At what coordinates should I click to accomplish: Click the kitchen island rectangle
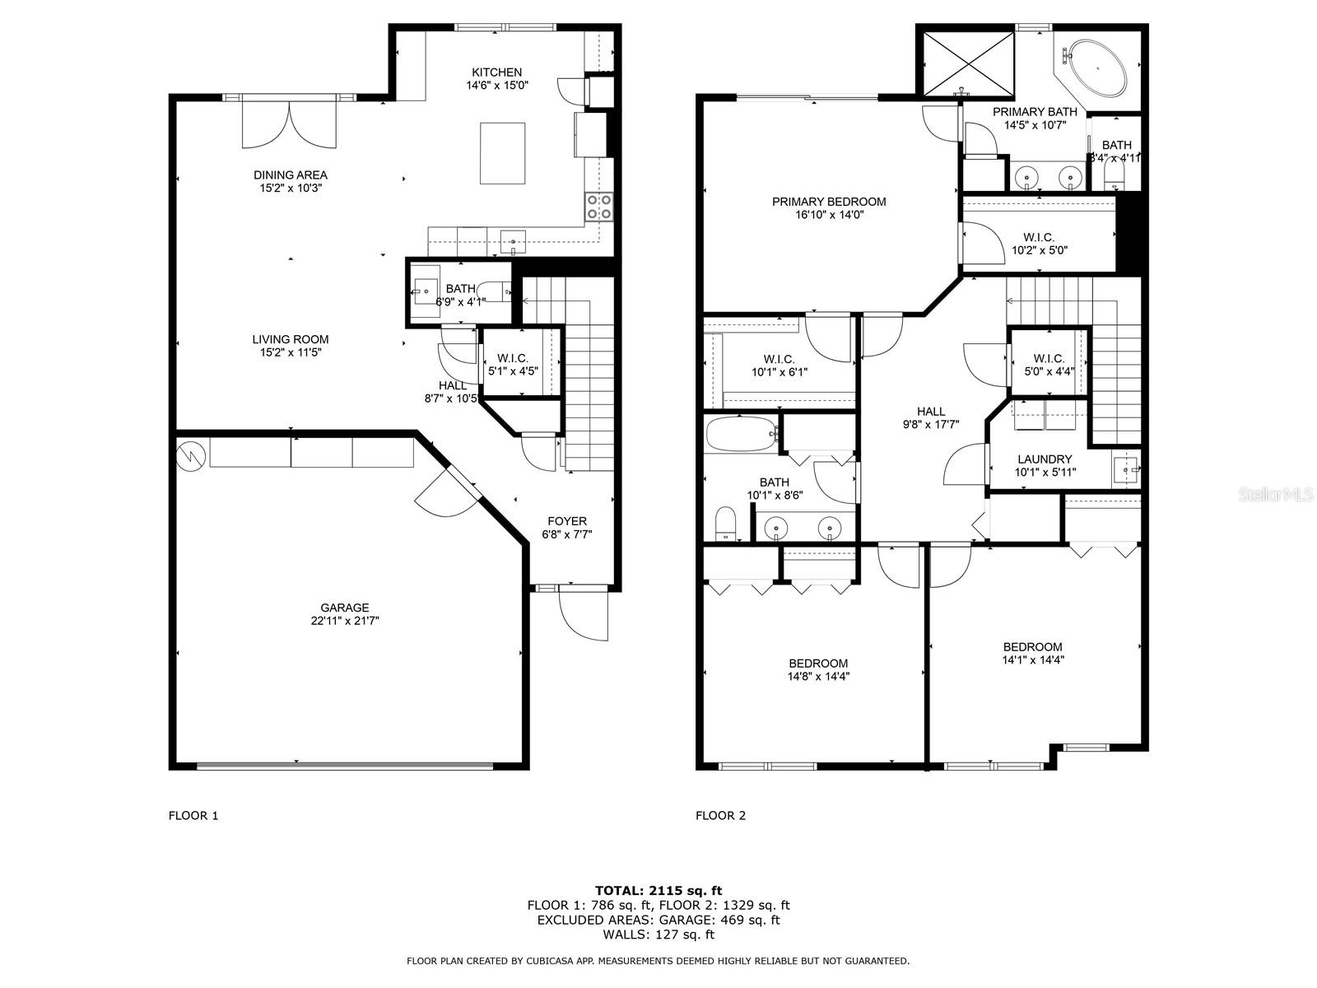(502, 153)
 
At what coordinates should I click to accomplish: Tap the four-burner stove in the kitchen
(598, 207)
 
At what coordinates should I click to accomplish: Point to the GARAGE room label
(345, 608)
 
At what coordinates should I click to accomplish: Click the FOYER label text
(567, 521)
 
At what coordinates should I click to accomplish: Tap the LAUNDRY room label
(1045, 459)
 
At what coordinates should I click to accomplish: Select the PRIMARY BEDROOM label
(829, 202)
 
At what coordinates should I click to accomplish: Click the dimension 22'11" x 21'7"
(345, 621)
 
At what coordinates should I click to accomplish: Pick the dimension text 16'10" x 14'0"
(829, 215)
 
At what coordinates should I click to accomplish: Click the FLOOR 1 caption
(193, 816)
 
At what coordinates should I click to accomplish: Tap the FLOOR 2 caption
(720, 816)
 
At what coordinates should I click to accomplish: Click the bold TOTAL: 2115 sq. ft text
(658, 890)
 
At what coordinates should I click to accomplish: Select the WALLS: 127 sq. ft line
(658, 934)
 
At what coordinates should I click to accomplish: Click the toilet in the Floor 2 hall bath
(725, 524)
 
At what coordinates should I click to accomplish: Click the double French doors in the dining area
(289, 122)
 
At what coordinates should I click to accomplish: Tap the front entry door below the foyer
(583, 613)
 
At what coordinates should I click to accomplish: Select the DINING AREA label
(290, 175)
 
